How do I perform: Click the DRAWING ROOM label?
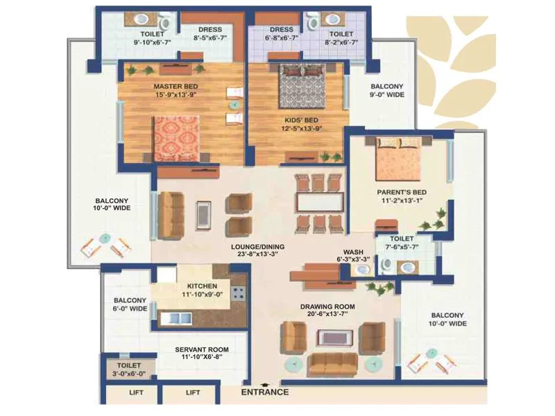click(327, 306)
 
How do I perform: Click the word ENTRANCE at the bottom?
click(264, 392)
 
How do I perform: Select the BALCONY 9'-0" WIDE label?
click(386, 91)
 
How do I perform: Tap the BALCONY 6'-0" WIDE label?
click(130, 304)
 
